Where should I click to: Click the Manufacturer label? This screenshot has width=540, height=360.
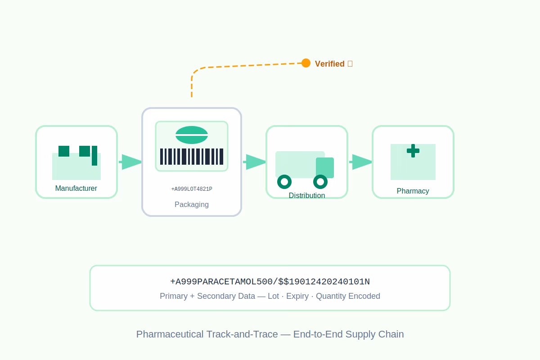click(76, 188)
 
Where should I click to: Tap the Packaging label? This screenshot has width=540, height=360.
click(192, 204)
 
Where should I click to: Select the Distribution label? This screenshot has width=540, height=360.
click(306, 195)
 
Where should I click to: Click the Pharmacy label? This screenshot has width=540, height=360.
click(413, 191)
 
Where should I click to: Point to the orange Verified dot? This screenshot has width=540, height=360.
click(306, 63)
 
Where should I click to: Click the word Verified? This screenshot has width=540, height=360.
click(329, 64)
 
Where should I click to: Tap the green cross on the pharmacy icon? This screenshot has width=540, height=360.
click(413, 151)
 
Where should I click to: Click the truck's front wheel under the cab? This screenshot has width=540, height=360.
click(320, 182)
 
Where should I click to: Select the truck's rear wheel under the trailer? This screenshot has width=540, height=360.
click(284, 182)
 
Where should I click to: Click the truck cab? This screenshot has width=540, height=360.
click(325, 168)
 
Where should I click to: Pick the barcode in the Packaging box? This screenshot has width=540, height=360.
click(192, 157)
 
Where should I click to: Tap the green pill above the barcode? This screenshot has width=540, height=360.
click(192, 135)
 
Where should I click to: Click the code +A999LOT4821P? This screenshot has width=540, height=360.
click(192, 189)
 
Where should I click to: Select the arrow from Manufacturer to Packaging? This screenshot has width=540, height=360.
click(130, 162)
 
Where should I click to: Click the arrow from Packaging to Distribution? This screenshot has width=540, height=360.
click(254, 162)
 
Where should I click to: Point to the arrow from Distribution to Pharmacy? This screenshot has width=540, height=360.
click(360, 162)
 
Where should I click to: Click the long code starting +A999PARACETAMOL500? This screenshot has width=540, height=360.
click(270, 282)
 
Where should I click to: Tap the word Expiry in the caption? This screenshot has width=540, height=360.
click(297, 296)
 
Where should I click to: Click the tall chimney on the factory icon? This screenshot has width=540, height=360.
click(94, 156)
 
